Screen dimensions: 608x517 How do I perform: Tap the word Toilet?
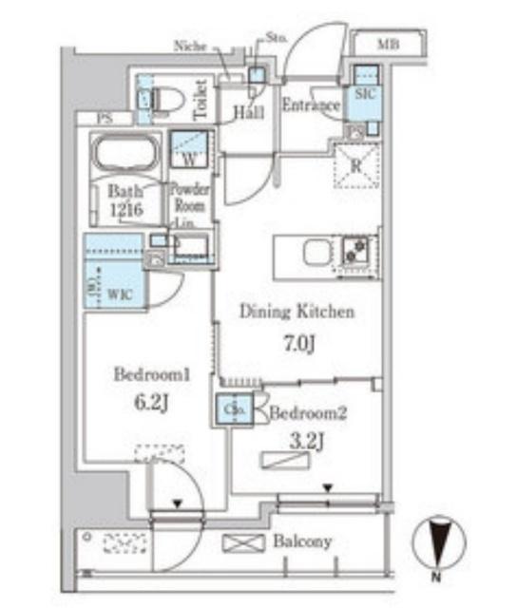click(x=201, y=100)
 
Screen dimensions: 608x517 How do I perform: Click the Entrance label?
click(x=311, y=104)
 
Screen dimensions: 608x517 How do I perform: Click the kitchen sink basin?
click(x=316, y=254)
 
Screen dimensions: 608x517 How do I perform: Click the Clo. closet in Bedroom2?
click(x=235, y=410)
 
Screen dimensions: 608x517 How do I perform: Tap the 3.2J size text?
click(x=308, y=440)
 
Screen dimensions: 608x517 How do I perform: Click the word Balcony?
click(x=302, y=541)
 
